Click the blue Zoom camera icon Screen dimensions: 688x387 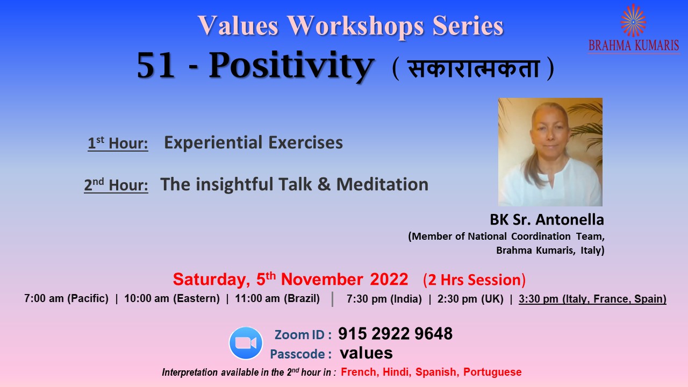click(x=246, y=343)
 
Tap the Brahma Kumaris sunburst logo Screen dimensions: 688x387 click(x=633, y=20)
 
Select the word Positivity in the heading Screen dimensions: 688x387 click(x=291, y=66)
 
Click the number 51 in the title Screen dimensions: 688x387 click(x=155, y=66)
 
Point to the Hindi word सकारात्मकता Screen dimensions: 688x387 click(x=474, y=68)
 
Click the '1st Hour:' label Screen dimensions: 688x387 click(x=118, y=143)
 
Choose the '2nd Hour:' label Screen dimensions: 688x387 click(x=116, y=185)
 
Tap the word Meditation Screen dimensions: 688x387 click(x=382, y=184)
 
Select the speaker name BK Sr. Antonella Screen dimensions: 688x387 click(x=547, y=220)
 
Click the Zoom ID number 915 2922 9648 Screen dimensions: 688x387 click(x=395, y=334)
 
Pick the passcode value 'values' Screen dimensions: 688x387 click(x=366, y=353)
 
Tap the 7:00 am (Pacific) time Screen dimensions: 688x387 click(x=66, y=298)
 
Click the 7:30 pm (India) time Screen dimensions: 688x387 click(x=384, y=298)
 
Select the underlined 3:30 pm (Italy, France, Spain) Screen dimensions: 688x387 click(x=592, y=298)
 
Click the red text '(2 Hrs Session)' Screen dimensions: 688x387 click(x=474, y=280)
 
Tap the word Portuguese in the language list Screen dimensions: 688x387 click(x=492, y=372)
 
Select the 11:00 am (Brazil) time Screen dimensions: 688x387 click(x=277, y=298)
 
